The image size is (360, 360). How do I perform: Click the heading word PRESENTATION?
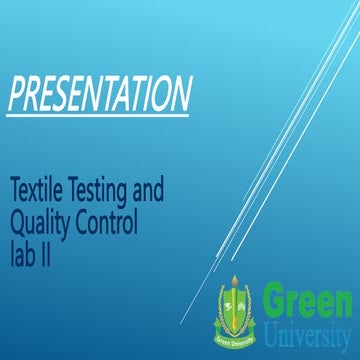[98, 94]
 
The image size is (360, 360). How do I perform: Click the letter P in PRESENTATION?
[14, 94]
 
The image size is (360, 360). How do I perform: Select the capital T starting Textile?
[15, 187]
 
